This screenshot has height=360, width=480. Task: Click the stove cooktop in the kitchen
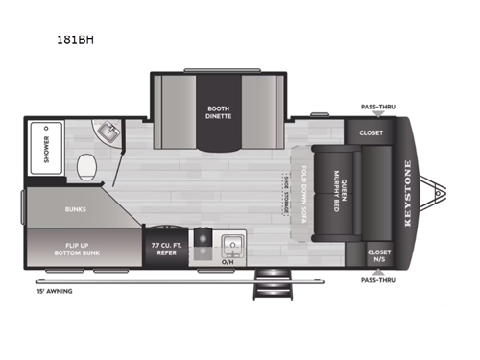coord(202,240)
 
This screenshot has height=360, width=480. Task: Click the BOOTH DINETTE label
coord(218,115)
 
